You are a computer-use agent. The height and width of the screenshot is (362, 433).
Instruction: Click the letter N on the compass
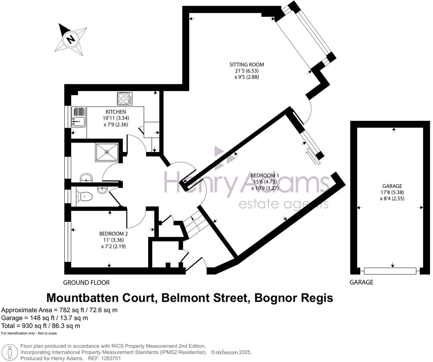point(71,39)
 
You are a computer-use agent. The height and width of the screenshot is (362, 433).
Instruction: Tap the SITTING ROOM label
point(247,64)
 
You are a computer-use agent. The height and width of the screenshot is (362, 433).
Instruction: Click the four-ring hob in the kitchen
point(125,99)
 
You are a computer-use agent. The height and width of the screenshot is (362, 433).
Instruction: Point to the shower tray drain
point(107,152)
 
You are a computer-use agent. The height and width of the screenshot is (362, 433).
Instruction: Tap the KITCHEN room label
point(116,112)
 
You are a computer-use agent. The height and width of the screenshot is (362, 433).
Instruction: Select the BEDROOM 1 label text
point(265,175)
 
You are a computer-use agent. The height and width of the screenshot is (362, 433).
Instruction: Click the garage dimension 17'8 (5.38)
point(392,192)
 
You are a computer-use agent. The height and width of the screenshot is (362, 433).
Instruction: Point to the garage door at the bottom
point(390,271)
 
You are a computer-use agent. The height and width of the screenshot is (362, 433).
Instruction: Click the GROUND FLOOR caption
point(86,283)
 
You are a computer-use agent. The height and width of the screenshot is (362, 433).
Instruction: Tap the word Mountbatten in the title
point(101,298)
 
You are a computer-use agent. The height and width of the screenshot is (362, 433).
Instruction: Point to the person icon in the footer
point(10,352)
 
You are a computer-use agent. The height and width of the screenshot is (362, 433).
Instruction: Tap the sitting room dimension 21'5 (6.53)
point(247,71)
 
